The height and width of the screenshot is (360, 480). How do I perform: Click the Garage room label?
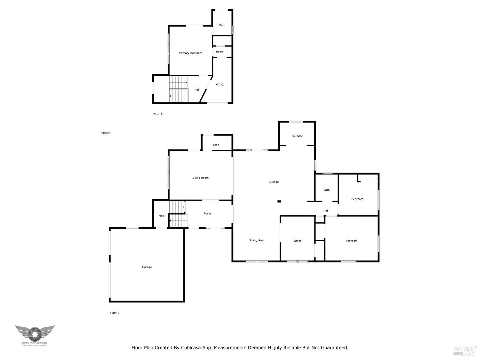[147, 267]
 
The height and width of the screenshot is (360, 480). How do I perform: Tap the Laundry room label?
[297, 136]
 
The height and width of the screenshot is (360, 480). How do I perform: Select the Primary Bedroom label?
[190, 53]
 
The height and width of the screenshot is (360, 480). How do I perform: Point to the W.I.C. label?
[220, 84]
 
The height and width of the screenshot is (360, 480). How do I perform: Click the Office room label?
[298, 241]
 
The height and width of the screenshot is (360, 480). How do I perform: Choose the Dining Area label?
[256, 240]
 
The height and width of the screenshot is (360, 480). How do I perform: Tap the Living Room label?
[200, 178]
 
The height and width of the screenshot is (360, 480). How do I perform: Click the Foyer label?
[207, 213]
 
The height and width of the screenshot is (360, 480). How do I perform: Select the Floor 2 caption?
[158, 114]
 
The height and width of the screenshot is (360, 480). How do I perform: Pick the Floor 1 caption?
[114, 313]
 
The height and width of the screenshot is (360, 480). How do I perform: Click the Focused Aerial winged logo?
[35, 334]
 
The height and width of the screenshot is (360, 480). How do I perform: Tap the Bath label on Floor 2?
[222, 25]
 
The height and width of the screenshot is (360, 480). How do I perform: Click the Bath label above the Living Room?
[216, 145]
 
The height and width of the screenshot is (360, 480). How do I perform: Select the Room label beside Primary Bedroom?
[220, 52]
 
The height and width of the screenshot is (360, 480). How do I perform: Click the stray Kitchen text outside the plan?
[105, 133]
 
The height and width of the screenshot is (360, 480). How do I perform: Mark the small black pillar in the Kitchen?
[279, 201]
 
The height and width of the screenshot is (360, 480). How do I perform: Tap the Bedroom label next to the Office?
[351, 241]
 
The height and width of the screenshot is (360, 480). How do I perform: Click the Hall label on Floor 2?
[197, 90]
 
